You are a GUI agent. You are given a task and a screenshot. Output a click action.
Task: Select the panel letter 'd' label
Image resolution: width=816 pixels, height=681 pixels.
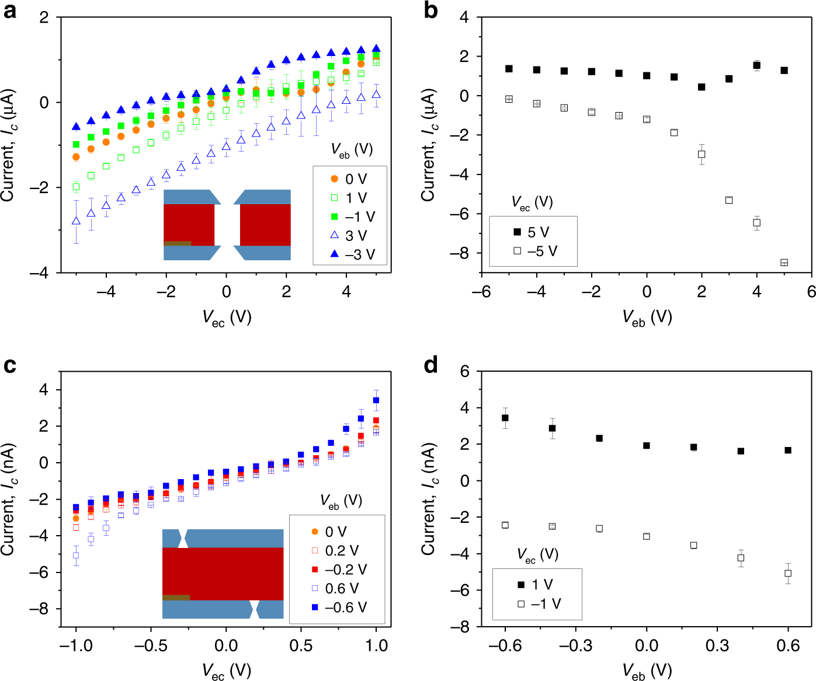pos(430,365)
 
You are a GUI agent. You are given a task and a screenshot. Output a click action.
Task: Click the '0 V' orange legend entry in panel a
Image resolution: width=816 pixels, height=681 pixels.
pos(349,179)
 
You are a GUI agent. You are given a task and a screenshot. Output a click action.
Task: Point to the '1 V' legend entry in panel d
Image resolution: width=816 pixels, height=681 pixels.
pos(535,585)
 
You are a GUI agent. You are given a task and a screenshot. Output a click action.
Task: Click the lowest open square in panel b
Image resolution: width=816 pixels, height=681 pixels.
pos(784,263)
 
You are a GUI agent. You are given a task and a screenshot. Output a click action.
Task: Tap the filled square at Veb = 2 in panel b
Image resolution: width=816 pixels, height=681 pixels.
pos(702,87)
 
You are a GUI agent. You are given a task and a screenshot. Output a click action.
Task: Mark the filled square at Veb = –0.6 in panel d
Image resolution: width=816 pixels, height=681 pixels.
pos(505,418)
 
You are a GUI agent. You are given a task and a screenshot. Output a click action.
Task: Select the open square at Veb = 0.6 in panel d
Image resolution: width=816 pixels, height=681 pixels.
pos(788,574)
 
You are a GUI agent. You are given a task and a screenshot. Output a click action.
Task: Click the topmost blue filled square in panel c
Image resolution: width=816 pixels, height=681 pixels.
pos(376,400)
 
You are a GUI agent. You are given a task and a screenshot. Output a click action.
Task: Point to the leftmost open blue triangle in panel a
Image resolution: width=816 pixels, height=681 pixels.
pos(76,221)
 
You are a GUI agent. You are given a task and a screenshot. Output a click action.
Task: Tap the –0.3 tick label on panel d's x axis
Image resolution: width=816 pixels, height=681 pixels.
pos(575,645)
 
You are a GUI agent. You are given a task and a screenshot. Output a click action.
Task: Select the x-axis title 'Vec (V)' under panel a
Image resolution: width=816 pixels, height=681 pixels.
pos(227,317)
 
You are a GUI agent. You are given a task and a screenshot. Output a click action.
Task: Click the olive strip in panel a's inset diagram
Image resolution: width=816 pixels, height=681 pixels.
pos(177,243)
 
